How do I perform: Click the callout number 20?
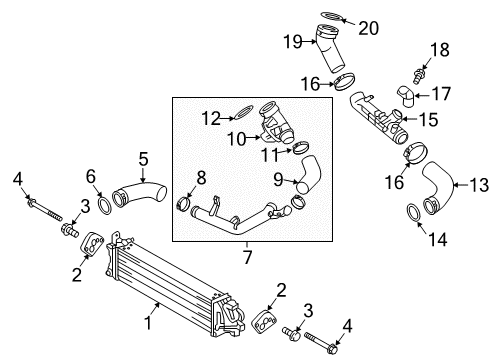point(368,28)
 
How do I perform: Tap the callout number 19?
point(293,42)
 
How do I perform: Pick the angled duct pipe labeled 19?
point(329,49)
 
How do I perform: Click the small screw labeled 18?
point(419,76)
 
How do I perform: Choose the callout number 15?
point(428,119)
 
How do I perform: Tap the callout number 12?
point(211,118)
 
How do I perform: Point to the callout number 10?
point(236,138)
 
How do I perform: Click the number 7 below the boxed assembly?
point(247,257)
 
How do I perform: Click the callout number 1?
point(148,323)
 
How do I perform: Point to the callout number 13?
point(479,185)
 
